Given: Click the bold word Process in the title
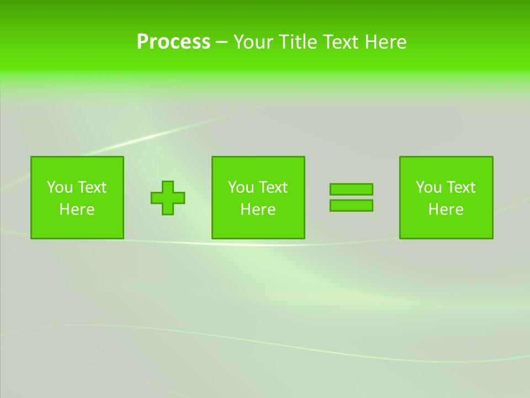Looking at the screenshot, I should pyautogui.click(x=173, y=42).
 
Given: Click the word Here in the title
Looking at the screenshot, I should pyautogui.click(x=386, y=42).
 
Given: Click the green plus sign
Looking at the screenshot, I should pyautogui.click(x=168, y=198).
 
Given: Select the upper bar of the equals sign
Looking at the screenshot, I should pyautogui.click(x=351, y=189).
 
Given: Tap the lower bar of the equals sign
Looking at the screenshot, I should pyautogui.click(x=351, y=205).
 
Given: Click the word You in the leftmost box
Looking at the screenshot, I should pyautogui.click(x=60, y=187).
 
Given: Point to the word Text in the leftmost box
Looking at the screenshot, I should pyautogui.click(x=92, y=187).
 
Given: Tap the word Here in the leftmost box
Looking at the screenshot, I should pyautogui.click(x=77, y=210).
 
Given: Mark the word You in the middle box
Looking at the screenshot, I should pyautogui.click(x=241, y=187).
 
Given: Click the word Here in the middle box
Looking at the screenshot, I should pyautogui.click(x=258, y=210).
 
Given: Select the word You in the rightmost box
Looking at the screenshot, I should pyautogui.click(x=428, y=187).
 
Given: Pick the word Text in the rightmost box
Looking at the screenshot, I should pyautogui.click(x=460, y=187).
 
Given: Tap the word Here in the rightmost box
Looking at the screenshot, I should pyautogui.click(x=446, y=210).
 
